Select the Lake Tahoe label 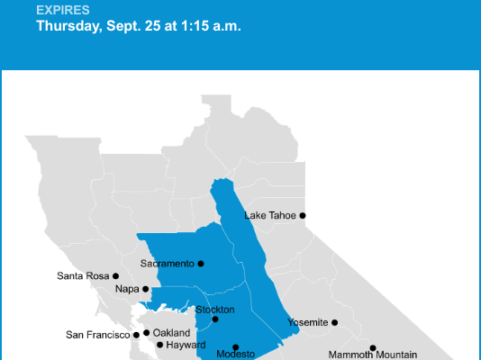(270, 216)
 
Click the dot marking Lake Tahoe (303, 215)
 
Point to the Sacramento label (168, 264)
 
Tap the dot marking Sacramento (201, 264)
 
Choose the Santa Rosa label (83, 275)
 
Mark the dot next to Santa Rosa (116, 275)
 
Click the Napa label (128, 289)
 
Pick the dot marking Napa (146, 289)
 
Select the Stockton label (215, 310)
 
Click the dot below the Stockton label (215, 319)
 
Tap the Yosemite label (307, 322)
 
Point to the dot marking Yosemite (334, 322)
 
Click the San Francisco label (99, 335)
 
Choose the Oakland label (171, 333)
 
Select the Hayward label (186, 345)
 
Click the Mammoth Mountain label (372, 355)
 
